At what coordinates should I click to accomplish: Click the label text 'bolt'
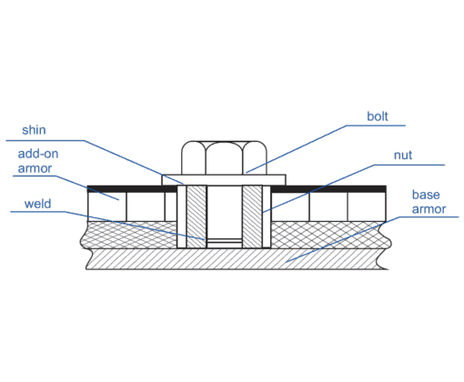point(378,116)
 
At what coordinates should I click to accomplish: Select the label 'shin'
point(34,130)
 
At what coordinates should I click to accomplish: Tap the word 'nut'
point(403,156)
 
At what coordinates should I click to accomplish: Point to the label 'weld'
point(37,204)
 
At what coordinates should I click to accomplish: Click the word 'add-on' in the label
point(38,154)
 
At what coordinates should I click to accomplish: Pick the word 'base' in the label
point(426,195)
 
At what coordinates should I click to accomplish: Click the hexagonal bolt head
point(224,157)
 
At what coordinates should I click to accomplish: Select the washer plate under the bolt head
point(224,180)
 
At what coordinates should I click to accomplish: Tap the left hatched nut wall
point(197,216)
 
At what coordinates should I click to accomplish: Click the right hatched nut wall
point(252,216)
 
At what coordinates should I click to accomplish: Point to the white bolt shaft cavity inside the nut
point(225,212)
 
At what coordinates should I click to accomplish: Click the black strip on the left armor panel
point(132,189)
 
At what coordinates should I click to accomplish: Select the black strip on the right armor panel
point(328,189)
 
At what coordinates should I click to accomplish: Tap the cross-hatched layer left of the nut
point(129,235)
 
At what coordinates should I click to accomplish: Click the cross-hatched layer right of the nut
point(330,235)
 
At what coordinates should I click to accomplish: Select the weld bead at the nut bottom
point(225,243)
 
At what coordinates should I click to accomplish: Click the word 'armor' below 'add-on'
point(35,168)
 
